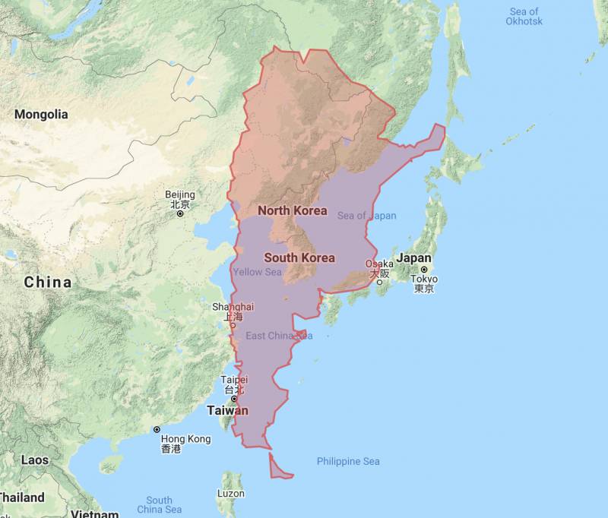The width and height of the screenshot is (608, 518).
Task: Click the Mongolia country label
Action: tap(41, 115)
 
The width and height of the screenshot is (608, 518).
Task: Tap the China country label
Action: tap(48, 283)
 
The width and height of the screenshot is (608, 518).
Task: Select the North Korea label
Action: tap(293, 210)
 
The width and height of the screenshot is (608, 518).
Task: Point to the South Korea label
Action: tap(299, 257)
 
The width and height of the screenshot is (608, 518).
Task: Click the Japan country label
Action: tap(413, 258)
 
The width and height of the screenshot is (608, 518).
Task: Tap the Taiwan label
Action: tap(227, 411)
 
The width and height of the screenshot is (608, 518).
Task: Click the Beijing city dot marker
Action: tap(180, 213)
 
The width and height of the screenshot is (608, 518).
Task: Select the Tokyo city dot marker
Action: tap(425, 270)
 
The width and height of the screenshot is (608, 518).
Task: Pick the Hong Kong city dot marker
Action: tap(157, 430)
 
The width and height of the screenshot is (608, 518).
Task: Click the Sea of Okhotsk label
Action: tap(524, 16)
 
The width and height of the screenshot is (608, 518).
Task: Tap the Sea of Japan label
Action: tap(367, 216)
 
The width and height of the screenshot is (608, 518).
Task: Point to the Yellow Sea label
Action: tap(257, 272)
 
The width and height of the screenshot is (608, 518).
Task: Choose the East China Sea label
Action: tap(279, 336)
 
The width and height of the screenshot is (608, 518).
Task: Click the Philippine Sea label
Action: tap(348, 461)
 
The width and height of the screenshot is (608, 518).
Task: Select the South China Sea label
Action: tap(159, 504)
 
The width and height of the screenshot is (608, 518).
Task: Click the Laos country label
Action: tap(35, 460)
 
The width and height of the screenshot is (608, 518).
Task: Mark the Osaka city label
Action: tap(379, 264)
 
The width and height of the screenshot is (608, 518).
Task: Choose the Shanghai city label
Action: tap(233, 307)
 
